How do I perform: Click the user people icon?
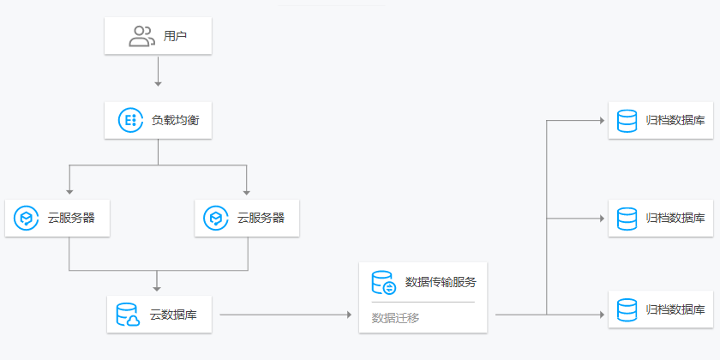coord(141,36)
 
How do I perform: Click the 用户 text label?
coord(176,37)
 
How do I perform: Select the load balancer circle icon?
coord(130,120)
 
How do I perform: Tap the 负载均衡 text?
coord(176,120)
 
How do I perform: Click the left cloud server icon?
coord(27,218)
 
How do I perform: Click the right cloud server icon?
coord(217,218)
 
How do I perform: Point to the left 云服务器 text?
coord(71,218)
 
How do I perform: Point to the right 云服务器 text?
coord(261,218)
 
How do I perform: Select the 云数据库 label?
coord(173,315)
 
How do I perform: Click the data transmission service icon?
coord(383,282)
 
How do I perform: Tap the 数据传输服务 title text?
coord(440,282)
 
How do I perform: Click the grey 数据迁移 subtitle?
coord(395,317)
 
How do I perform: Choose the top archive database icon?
coord(627,120)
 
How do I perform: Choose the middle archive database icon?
coord(627,218)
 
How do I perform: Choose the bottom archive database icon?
coord(627,309)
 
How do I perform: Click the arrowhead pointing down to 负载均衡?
coord(158,84)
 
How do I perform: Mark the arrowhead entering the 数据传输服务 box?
coord(349,315)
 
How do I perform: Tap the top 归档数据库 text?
coord(675,120)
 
